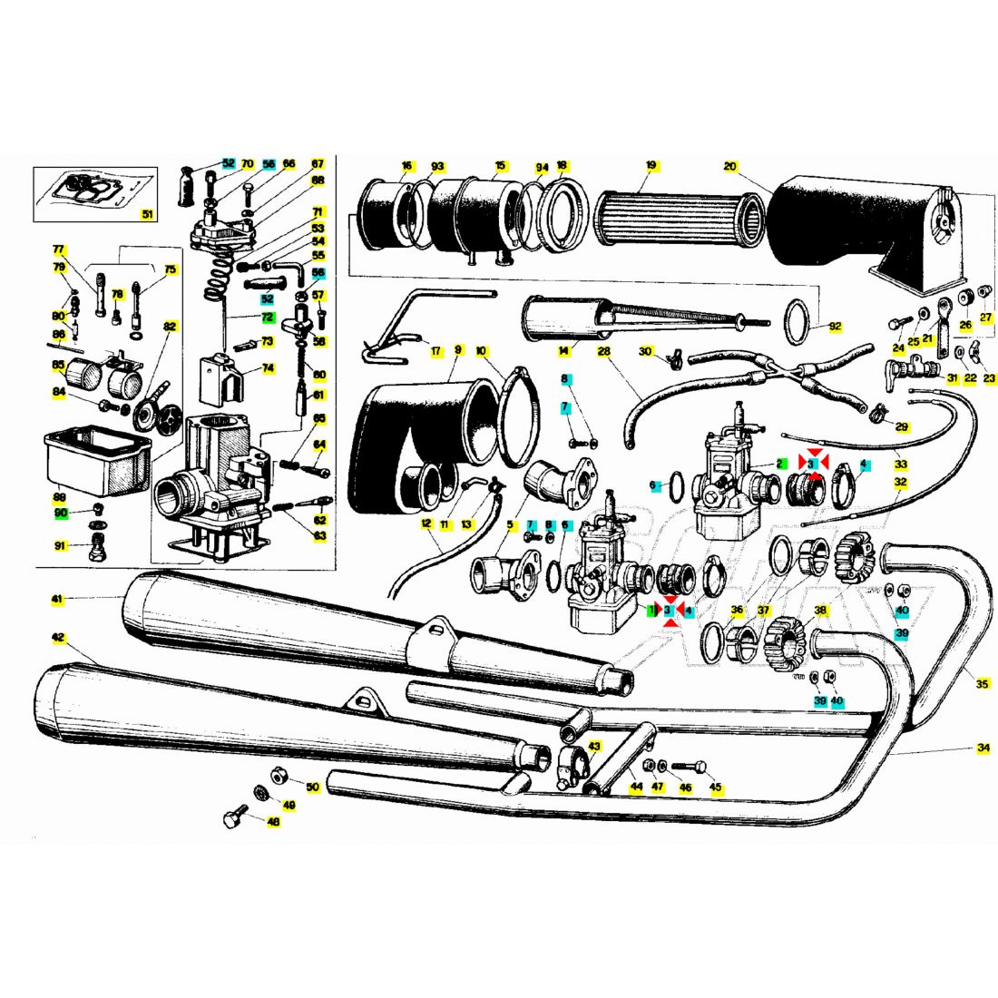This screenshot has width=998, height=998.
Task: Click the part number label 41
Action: pyautogui.click(x=56, y=599)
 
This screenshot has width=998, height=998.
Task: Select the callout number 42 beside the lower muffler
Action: pyautogui.click(x=58, y=638)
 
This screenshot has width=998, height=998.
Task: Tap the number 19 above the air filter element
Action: pyautogui.click(x=651, y=166)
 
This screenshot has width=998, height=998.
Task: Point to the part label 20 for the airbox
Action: pyautogui.click(x=730, y=166)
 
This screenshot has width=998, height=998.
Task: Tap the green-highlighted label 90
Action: pyautogui.click(x=61, y=513)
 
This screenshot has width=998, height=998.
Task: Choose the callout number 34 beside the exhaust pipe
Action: pyautogui.click(x=983, y=748)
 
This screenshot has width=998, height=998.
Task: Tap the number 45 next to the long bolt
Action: pyautogui.click(x=716, y=787)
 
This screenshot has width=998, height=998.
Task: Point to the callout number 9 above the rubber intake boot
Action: pyautogui.click(x=458, y=348)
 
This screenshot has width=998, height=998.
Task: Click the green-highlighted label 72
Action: pyautogui.click(x=267, y=318)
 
